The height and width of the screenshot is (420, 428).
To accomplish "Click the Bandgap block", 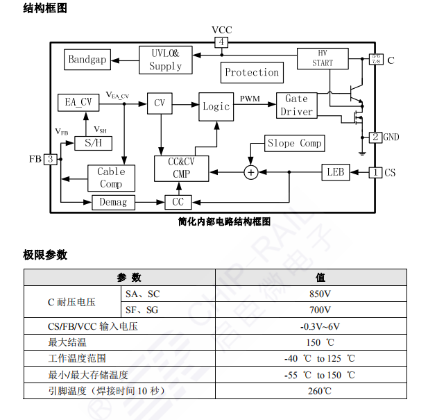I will [x=87, y=59].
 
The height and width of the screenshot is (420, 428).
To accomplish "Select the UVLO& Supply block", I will [x=165, y=60].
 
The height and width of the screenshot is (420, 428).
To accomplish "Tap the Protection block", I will [x=252, y=72].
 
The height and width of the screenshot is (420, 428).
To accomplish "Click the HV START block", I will [x=322, y=58].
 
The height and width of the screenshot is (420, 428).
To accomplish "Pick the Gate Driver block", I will [x=296, y=105].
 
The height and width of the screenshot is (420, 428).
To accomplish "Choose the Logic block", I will [x=216, y=106].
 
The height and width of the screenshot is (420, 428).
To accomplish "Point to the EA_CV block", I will [x=78, y=102].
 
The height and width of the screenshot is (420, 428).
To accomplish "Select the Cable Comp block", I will [x=110, y=178].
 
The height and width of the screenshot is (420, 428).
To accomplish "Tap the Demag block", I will [x=114, y=202].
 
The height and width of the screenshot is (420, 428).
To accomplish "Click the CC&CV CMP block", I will [x=180, y=168].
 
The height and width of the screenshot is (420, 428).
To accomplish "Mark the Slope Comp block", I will [x=294, y=143].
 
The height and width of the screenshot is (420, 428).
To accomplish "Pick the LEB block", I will [x=336, y=171].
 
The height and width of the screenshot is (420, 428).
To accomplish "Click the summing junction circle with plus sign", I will [x=251, y=171].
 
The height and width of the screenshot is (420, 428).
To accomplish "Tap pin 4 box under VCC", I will [x=221, y=42].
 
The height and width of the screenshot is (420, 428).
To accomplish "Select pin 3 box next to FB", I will [x=50, y=159].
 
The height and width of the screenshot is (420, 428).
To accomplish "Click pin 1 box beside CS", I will [x=375, y=171].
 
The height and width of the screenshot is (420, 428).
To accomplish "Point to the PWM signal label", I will [x=250, y=99].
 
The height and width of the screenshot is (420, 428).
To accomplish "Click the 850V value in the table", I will [x=320, y=294].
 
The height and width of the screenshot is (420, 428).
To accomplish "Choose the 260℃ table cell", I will [x=320, y=391].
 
